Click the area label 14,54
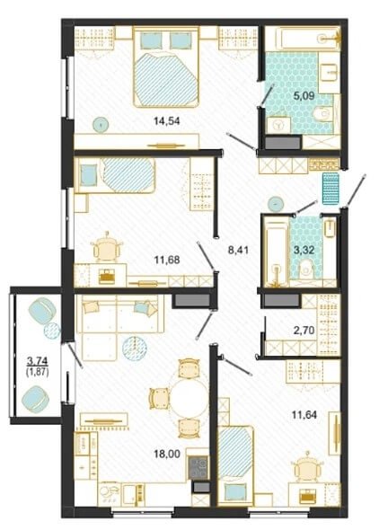click(166, 121)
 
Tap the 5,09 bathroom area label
click(304, 96)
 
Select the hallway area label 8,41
click(239, 251)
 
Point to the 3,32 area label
click(304, 251)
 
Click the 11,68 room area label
click(167, 261)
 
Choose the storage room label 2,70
click(304, 330)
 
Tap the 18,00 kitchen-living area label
click(167, 455)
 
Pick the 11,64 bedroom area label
click(304, 415)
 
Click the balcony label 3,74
click(38, 362)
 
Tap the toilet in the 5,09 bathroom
click(323, 113)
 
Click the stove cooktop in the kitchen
click(198, 467)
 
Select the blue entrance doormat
click(331, 189)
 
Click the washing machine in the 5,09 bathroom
click(279, 125)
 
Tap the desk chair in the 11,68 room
click(106, 249)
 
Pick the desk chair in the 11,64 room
click(307, 468)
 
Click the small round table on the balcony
click(52, 331)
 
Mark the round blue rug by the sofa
click(135, 349)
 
